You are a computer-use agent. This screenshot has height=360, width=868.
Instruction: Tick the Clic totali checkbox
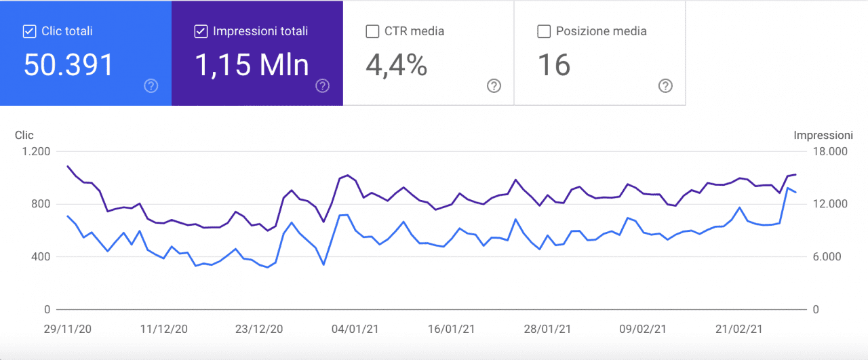tap(29, 31)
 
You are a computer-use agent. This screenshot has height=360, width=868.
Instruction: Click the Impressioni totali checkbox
tap(201, 31)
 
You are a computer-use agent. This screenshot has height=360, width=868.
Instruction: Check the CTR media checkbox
tap(372, 31)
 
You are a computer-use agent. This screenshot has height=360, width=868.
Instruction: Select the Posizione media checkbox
tap(543, 31)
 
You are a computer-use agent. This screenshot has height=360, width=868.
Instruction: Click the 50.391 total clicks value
tap(68, 65)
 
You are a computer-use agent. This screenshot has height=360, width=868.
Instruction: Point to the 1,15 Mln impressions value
tap(252, 65)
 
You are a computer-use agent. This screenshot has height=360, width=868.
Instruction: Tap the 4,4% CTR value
tap(396, 65)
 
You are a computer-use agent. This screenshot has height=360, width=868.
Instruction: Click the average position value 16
tap(554, 65)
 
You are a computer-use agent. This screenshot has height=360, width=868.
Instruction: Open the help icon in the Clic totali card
tap(151, 85)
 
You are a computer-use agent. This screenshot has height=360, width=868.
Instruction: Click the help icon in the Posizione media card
tap(666, 85)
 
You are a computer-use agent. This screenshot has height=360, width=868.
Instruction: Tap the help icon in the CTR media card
tap(494, 85)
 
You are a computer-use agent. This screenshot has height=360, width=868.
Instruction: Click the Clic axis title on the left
tap(24, 136)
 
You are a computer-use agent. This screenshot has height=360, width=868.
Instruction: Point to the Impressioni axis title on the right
tap(823, 136)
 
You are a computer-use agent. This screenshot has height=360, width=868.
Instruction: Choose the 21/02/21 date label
tap(740, 329)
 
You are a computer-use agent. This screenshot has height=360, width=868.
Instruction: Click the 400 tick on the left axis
tap(41, 257)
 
